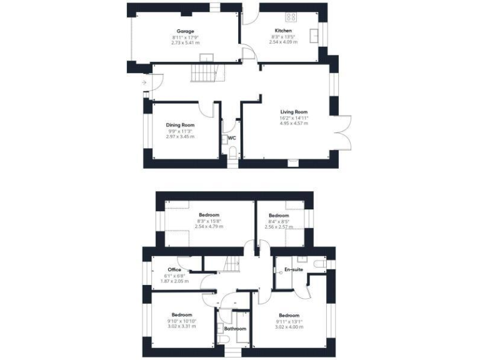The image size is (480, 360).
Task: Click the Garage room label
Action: [x=185, y=31]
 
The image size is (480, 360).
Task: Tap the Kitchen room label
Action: [x=283, y=31]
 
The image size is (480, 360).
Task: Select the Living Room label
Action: [x=293, y=112]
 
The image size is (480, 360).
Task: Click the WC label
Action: [x=231, y=137]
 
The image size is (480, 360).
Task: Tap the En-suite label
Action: [x=293, y=269]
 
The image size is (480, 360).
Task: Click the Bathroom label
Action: [x=236, y=328]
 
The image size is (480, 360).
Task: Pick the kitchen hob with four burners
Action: [x=291, y=17]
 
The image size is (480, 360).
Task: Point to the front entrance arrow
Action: [x=144, y=82]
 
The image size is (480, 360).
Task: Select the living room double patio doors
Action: [x=343, y=132]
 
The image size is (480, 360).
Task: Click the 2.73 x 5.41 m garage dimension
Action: [x=185, y=42]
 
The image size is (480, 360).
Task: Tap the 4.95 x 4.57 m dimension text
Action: [x=293, y=123]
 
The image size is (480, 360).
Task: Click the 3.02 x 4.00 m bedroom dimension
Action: [x=289, y=326]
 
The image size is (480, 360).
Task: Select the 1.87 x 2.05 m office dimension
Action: [x=174, y=281]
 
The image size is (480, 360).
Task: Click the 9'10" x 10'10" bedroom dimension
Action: [x=182, y=321]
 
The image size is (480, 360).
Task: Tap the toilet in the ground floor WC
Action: [x=232, y=152]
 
